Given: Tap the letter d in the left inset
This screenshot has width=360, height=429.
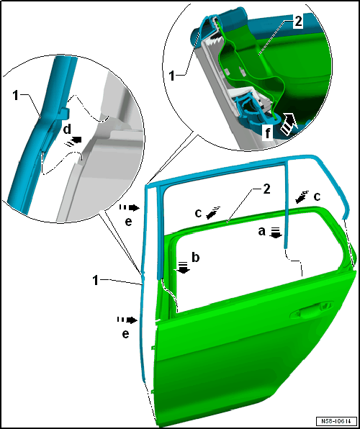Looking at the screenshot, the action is point(67,130).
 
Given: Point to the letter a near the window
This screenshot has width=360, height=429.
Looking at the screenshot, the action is point(261,232).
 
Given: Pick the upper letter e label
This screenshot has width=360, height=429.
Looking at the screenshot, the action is point(128,222).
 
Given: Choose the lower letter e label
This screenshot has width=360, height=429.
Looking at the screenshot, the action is point(125,334).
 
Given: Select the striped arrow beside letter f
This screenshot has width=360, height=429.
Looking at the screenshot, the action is point(290,123).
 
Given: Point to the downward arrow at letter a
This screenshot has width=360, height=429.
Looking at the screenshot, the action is point(276,232).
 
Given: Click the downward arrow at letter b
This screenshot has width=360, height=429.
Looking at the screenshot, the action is point(183,267).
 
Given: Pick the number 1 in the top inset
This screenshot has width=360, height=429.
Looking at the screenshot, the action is point(172,76).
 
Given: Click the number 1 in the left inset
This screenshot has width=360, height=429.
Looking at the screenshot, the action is point(16,96).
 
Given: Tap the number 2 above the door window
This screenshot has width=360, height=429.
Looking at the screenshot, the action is point(266,189).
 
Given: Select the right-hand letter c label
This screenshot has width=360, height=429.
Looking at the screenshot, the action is point(317,197).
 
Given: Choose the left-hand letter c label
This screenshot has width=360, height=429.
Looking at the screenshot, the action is point(199,213).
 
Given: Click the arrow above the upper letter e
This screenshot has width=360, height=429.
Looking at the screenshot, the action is point(130,208).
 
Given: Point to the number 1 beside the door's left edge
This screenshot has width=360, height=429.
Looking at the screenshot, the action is point(96,281).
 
